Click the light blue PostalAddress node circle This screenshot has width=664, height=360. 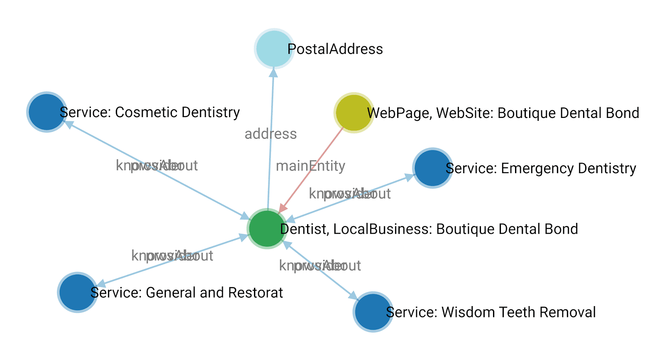[274, 49]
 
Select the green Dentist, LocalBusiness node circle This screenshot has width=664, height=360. [267, 229]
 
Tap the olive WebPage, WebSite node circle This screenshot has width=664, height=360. [354, 113]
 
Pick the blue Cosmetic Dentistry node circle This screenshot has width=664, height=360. [47, 112]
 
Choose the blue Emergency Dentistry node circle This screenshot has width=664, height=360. [432, 168]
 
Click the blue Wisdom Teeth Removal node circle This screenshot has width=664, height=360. [373, 312]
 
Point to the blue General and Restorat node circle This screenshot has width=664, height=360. [78, 292]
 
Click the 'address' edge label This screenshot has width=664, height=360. [271, 134]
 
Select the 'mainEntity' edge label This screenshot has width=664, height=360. [310, 166]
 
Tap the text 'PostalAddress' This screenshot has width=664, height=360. [335, 49]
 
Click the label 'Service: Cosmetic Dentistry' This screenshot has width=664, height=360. [150, 112]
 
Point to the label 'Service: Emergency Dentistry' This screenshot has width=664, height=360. [541, 168]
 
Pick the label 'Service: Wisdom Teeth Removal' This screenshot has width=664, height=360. [491, 312]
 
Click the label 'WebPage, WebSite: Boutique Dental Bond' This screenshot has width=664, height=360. [503, 113]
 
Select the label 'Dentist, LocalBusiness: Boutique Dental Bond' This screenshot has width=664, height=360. [429, 229]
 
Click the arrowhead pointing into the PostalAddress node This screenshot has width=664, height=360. [273, 73]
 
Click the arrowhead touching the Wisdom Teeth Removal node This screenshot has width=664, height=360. [353, 296]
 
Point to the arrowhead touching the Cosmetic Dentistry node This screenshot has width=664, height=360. [69, 124]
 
